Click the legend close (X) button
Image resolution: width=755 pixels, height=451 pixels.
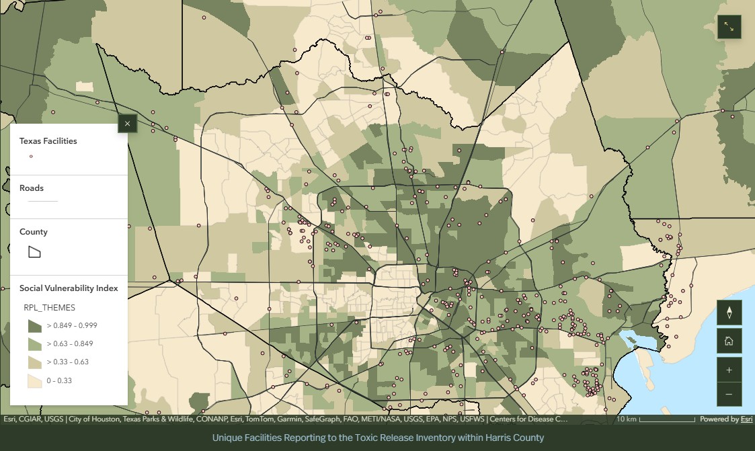(x=127, y=124)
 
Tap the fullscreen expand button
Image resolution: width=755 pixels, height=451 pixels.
(x=729, y=27)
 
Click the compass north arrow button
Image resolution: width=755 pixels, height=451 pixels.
(x=729, y=312)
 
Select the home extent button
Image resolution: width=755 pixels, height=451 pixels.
(x=729, y=341)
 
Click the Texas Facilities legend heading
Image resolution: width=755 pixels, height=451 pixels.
(x=48, y=141)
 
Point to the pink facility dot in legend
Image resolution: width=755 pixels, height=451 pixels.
(x=31, y=157)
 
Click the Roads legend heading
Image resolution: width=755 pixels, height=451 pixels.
(x=32, y=188)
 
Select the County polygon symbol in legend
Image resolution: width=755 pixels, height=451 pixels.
(x=34, y=252)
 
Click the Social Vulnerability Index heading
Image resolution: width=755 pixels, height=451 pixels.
(x=69, y=288)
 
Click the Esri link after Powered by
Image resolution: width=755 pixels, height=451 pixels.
(x=746, y=419)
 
